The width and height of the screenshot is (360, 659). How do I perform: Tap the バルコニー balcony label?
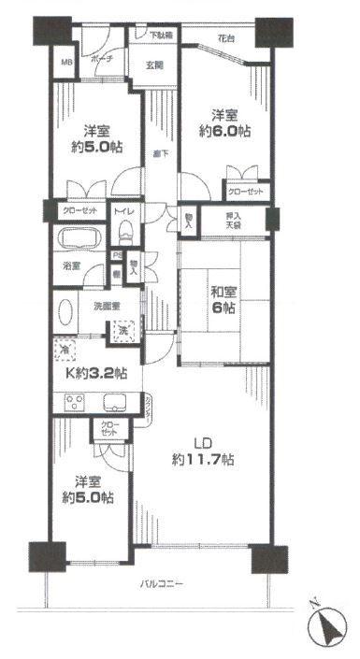coord(162,583)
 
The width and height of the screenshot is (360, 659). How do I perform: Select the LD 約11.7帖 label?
coord(202,451)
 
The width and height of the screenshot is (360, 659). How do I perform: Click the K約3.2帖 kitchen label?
coord(94,374)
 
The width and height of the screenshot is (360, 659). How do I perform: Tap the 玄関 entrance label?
coord(155,64)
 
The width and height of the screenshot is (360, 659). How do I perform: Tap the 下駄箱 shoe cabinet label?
coord(161,36)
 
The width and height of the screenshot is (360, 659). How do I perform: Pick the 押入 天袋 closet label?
coord(241,221)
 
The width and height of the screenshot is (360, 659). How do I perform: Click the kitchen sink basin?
coord(115,403)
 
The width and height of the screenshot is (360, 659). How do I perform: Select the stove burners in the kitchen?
coord(74,403)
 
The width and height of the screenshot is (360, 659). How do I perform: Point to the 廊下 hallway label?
coord(160,153)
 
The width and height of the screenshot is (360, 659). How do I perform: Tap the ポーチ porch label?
coord(102,58)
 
